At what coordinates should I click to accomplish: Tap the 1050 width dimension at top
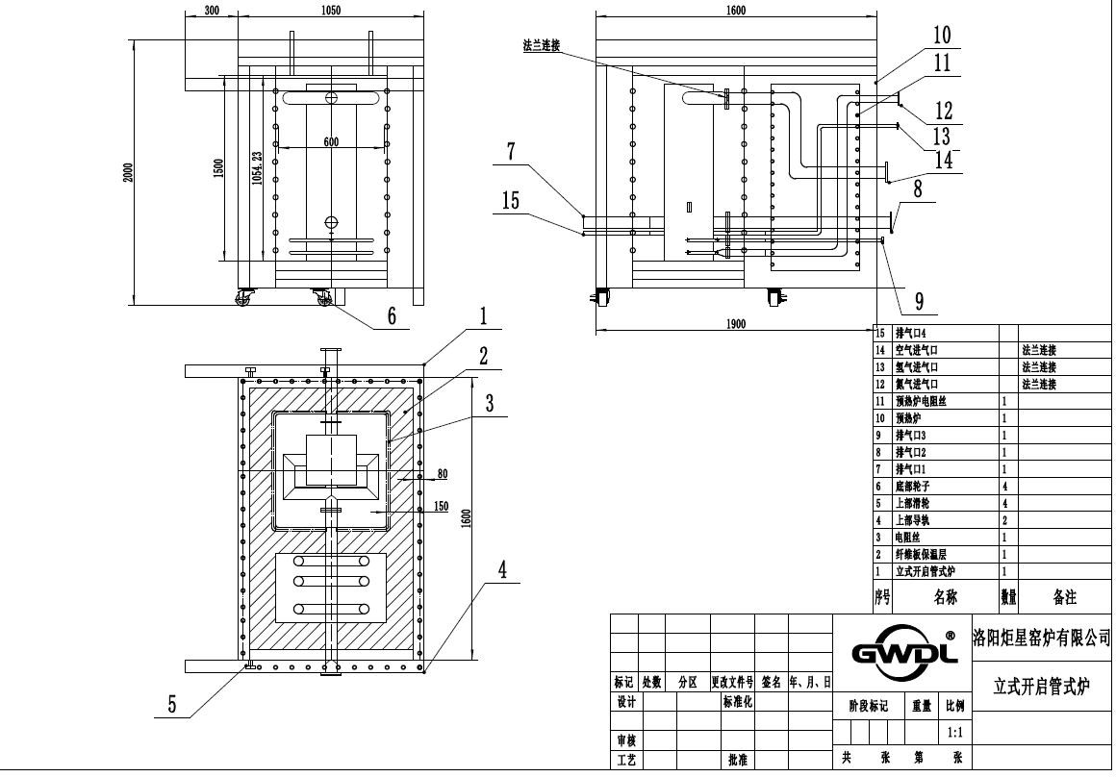[329, 11]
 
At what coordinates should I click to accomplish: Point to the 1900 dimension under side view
[734, 324]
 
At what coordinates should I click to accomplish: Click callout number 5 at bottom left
[171, 705]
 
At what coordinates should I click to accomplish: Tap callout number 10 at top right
[941, 36]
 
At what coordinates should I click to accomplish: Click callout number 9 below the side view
[919, 302]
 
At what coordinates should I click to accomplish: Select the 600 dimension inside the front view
[331, 142]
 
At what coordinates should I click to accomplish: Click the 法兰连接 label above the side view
[541, 44]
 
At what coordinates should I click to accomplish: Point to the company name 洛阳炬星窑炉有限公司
[1042, 637]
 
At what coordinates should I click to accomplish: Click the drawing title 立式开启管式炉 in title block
[1042, 686]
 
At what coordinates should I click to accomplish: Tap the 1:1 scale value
[954, 732]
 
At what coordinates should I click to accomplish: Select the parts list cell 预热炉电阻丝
[924, 401]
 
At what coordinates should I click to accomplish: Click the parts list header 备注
[1064, 597]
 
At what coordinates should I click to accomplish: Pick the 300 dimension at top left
[213, 11]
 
